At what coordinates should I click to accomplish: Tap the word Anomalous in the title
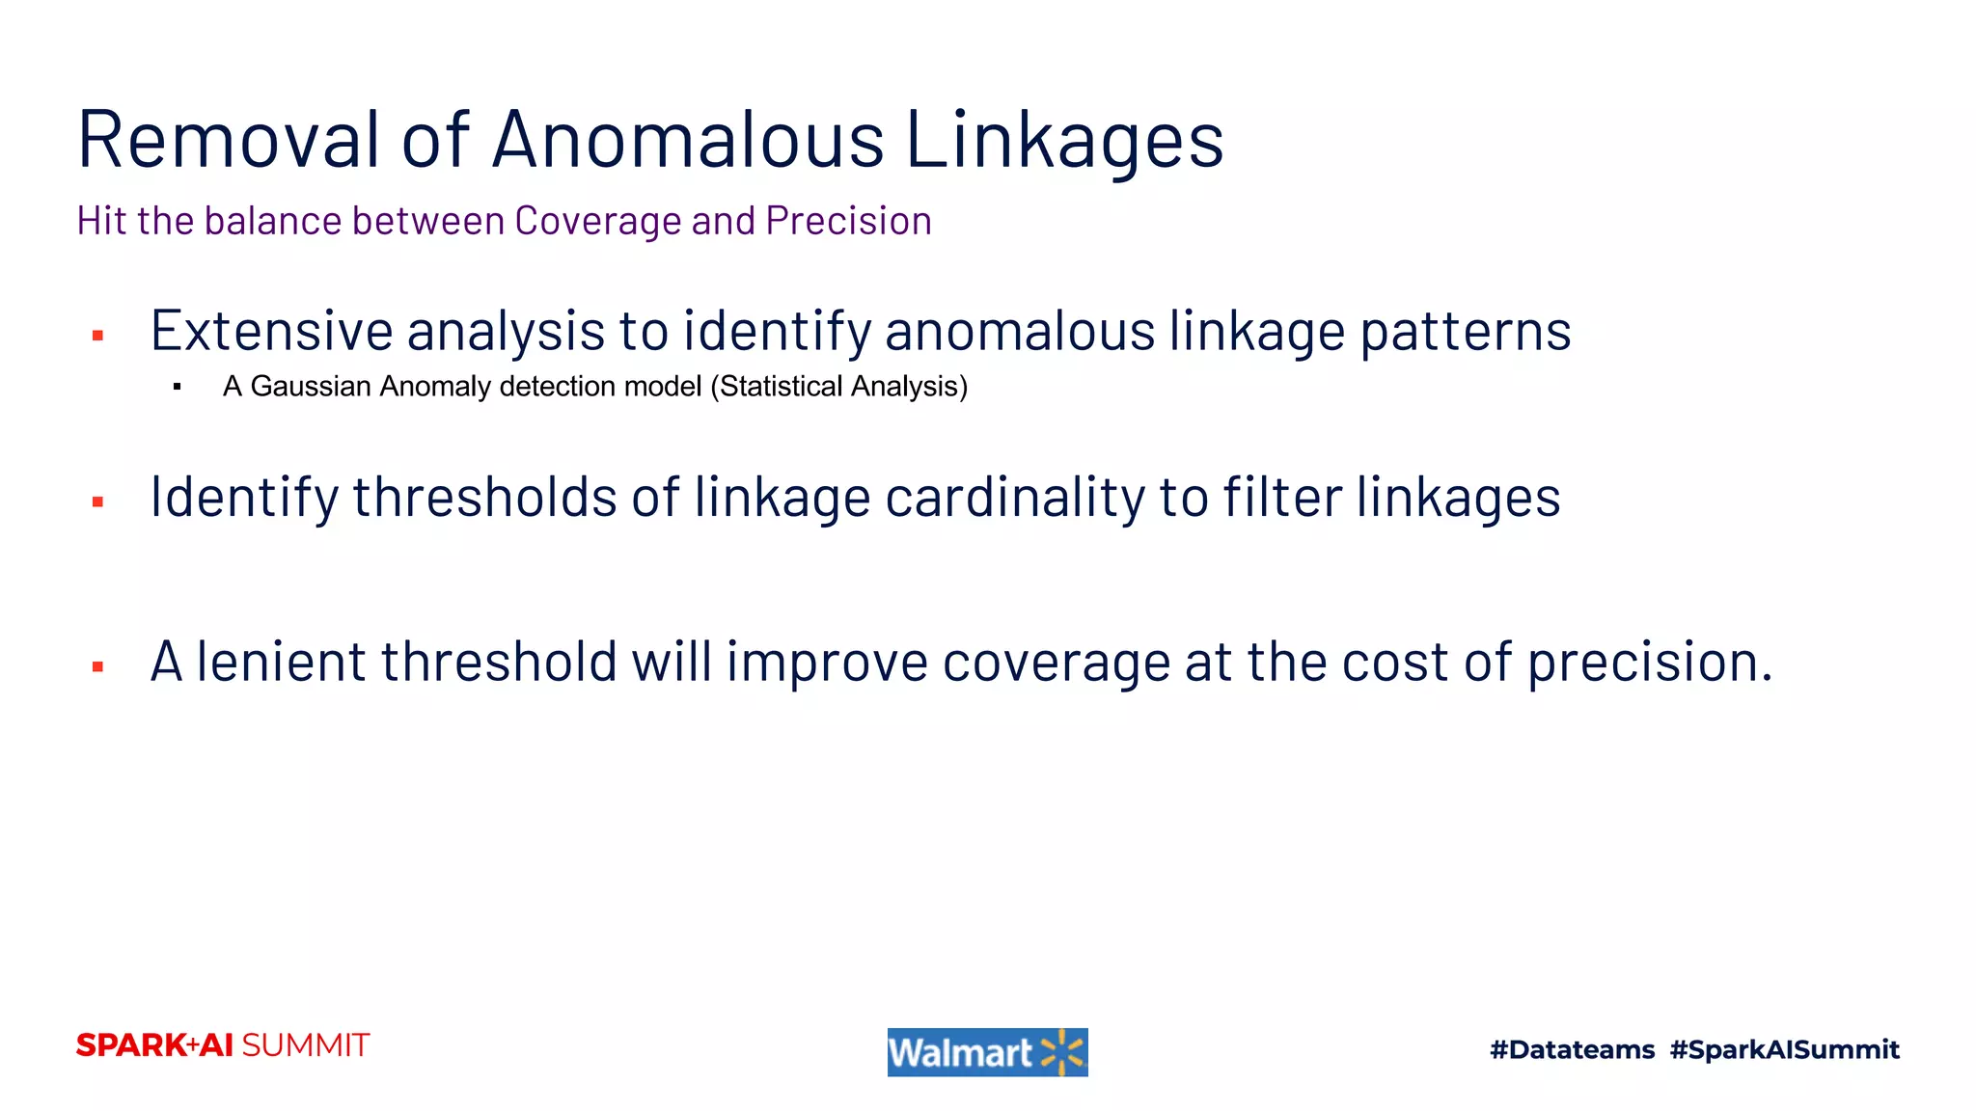[687, 141]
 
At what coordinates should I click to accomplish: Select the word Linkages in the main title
[1064, 141]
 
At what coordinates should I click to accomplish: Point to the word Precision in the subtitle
[848, 221]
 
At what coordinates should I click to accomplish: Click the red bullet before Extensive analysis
[97, 336]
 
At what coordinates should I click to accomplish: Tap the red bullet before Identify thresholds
[97, 501]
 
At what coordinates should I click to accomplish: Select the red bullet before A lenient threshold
[97, 666]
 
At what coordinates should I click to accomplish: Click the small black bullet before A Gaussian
[178, 387]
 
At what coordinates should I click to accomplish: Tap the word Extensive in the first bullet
[271, 332]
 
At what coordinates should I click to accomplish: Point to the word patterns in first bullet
[1465, 332]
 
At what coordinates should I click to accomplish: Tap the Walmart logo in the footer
[987, 1052]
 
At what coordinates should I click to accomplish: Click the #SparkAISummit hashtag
[1784, 1049]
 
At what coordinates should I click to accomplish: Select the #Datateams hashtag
[1572, 1049]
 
